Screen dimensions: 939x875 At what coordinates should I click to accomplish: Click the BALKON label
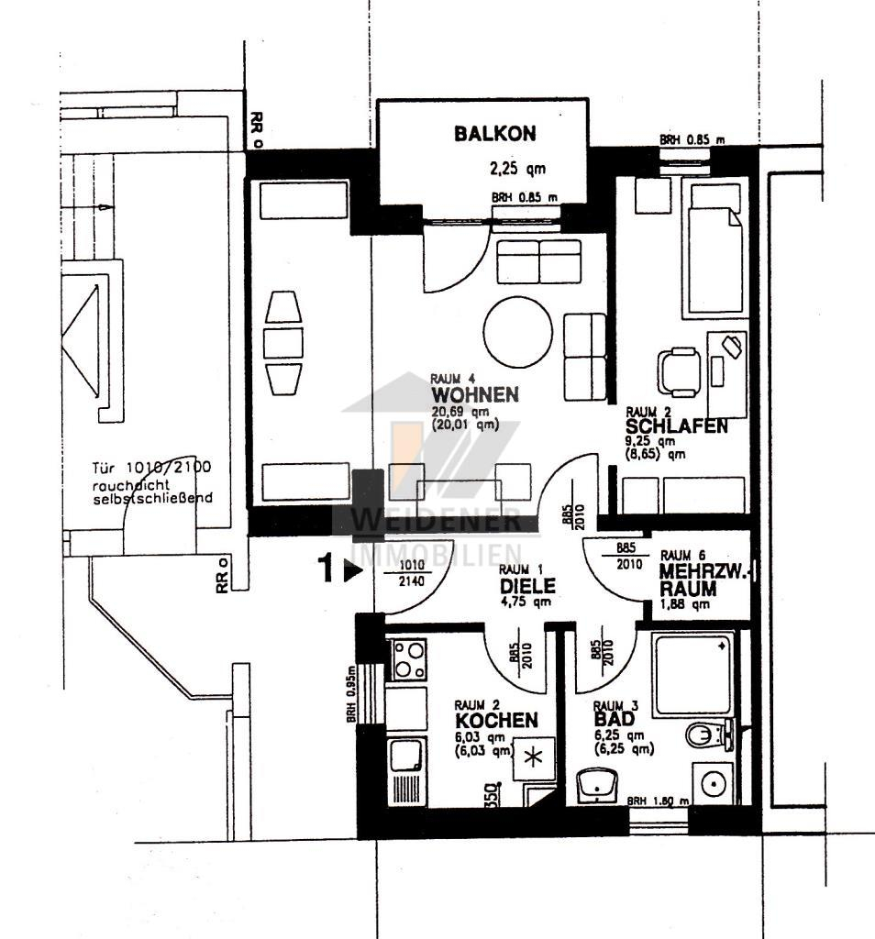pyautogui.click(x=495, y=134)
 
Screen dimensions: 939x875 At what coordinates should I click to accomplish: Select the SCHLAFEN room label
pyautogui.click(x=677, y=426)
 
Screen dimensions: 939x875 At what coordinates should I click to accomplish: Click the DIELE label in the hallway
pyautogui.click(x=526, y=585)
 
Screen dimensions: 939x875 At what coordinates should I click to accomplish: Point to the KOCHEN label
pyautogui.click(x=496, y=720)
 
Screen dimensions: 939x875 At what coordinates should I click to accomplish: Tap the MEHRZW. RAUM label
pyautogui.click(x=702, y=580)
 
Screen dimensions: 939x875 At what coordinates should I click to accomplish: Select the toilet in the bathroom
pyautogui.click(x=708, y=735)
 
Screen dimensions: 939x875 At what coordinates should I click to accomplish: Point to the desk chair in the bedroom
pyautogui.click(x=680, y=371)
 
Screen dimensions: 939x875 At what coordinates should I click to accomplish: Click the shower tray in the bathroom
pyautogui.click(x=693, y=674)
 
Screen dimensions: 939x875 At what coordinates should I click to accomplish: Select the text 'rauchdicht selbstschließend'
pyautogui.click(x=151, y=492)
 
